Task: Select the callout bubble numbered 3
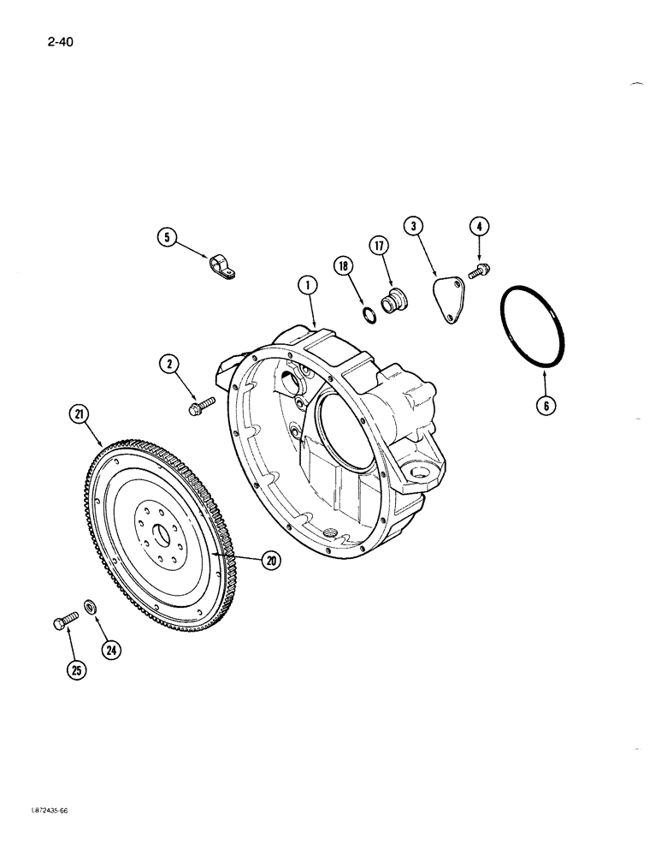pos(414,226)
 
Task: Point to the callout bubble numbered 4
pos(479,227)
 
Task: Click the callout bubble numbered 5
pos(167,237)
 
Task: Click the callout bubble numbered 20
pos(271,561)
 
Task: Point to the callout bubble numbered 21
pos(80,416)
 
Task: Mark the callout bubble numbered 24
pos(110,651)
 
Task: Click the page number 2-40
pos(55,40)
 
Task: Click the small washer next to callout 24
pos(90,609)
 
